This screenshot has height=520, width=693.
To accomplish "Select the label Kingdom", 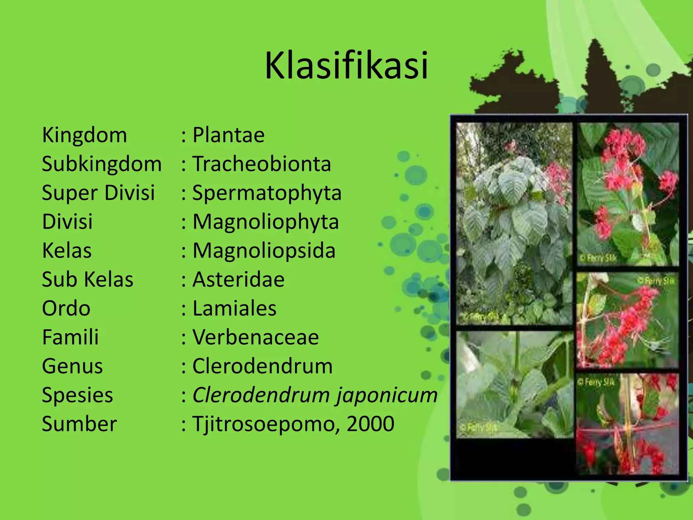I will point(84,135).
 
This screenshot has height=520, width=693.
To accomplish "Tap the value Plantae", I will point(228,135).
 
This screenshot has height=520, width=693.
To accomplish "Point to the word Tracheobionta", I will point(262,164).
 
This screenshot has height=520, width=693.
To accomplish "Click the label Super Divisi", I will point(98,193).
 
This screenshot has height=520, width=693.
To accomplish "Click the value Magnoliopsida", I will point(264,251).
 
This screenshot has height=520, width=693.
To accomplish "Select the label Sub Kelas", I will point(87,280).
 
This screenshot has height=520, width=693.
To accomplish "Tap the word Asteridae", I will point(238,280).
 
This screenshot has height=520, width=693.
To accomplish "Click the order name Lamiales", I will point(234,308).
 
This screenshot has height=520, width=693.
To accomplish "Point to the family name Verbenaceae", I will point(255,338).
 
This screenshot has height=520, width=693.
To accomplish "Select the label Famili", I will point(70,338).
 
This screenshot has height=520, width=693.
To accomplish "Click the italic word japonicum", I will point(387,395).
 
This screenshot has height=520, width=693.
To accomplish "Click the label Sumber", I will point(79,424).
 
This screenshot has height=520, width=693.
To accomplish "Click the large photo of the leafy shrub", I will point(514,223).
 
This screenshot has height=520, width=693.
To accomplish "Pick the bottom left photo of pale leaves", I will point(514,384).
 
